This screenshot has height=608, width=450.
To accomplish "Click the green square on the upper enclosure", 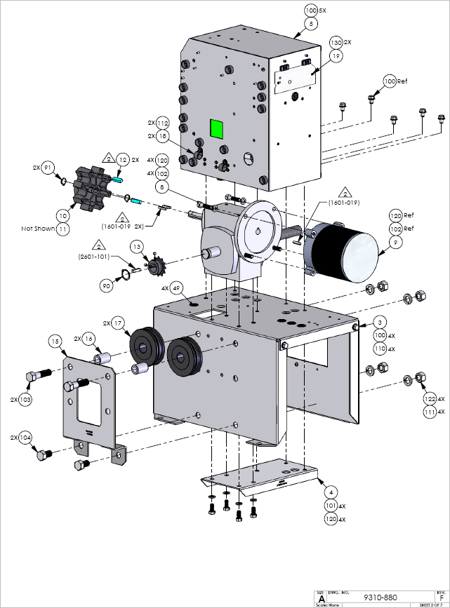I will click(216, 128).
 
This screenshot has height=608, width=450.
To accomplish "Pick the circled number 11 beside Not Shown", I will click(62, 229).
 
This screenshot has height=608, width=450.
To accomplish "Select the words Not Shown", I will click(37, 229).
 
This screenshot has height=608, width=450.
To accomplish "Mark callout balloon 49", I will click(176, 288).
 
